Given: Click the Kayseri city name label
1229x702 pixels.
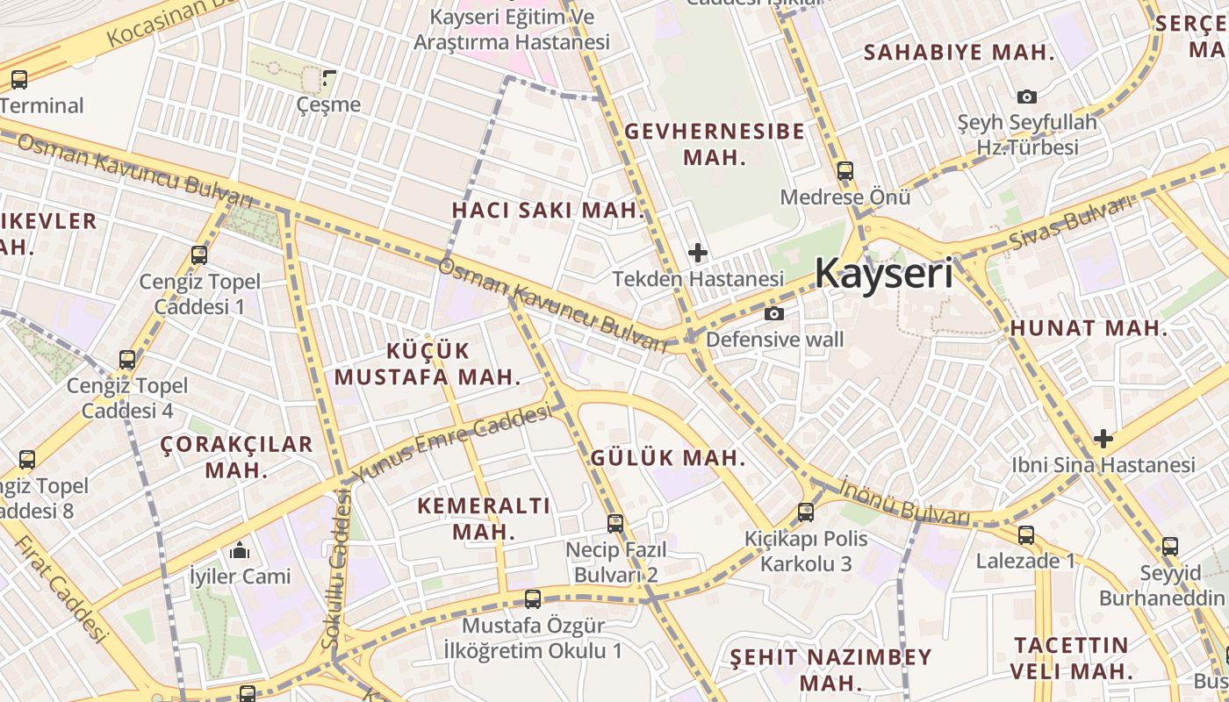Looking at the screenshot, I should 883,274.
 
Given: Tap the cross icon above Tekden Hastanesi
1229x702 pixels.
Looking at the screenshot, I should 698,254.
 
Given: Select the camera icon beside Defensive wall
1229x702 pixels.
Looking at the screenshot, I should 773,314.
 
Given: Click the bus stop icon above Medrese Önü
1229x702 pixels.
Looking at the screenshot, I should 845,171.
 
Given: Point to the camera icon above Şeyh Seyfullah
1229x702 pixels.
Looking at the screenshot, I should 1026,97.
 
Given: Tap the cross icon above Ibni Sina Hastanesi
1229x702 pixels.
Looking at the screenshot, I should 1103,439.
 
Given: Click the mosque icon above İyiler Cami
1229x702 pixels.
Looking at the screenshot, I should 240,550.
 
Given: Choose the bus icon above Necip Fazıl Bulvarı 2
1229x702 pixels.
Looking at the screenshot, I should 615,524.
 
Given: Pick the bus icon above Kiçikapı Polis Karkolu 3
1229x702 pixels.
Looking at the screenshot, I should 806,512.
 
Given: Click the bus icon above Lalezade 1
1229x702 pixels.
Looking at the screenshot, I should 1025,534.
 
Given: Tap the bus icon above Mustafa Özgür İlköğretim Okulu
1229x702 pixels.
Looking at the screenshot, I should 533,599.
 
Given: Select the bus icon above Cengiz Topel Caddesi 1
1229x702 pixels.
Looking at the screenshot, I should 199,255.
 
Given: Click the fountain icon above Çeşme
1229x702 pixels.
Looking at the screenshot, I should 329,78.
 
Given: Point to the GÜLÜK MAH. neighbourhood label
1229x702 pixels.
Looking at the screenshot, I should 667,458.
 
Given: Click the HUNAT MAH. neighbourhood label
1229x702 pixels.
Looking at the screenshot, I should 1089,329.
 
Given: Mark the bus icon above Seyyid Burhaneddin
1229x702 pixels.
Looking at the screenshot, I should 1170,547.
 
